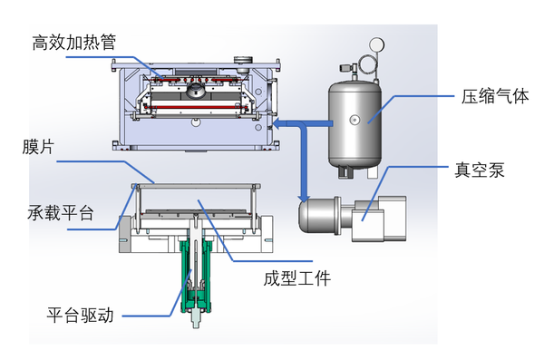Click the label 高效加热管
pyautogui.click(x=74, y=42)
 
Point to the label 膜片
pyautogui.click(x=37, y=146)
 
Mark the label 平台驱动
pyautogui.click(x=80, y=316)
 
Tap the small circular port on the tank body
pyautogui.click(x=355, y=118)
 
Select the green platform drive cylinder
pyautogui.click(x=196, y=268)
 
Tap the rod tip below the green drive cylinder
pyautogui.click(x=196, y=320)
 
